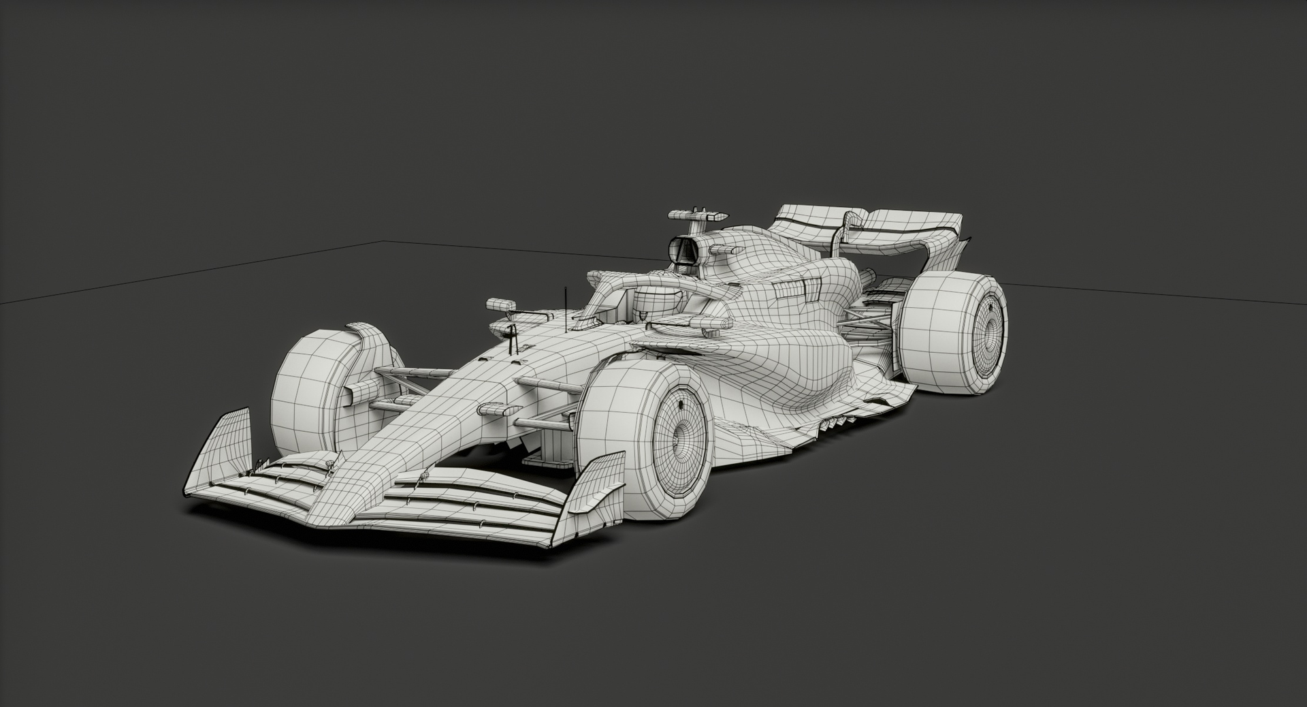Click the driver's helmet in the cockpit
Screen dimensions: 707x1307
pyautogui.click(x=653, y=300)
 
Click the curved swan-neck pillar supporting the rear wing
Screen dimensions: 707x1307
pyautogui.click(x=845, y=228)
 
